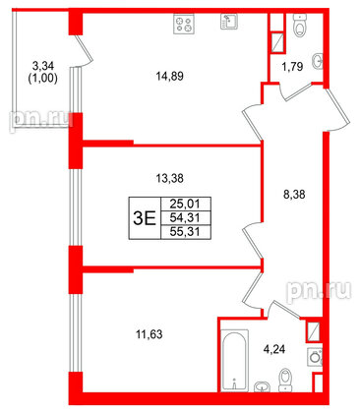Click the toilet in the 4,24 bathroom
point(284,379)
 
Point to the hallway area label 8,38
point(293,196)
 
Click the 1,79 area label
point(290,68)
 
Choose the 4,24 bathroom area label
point(276,346)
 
